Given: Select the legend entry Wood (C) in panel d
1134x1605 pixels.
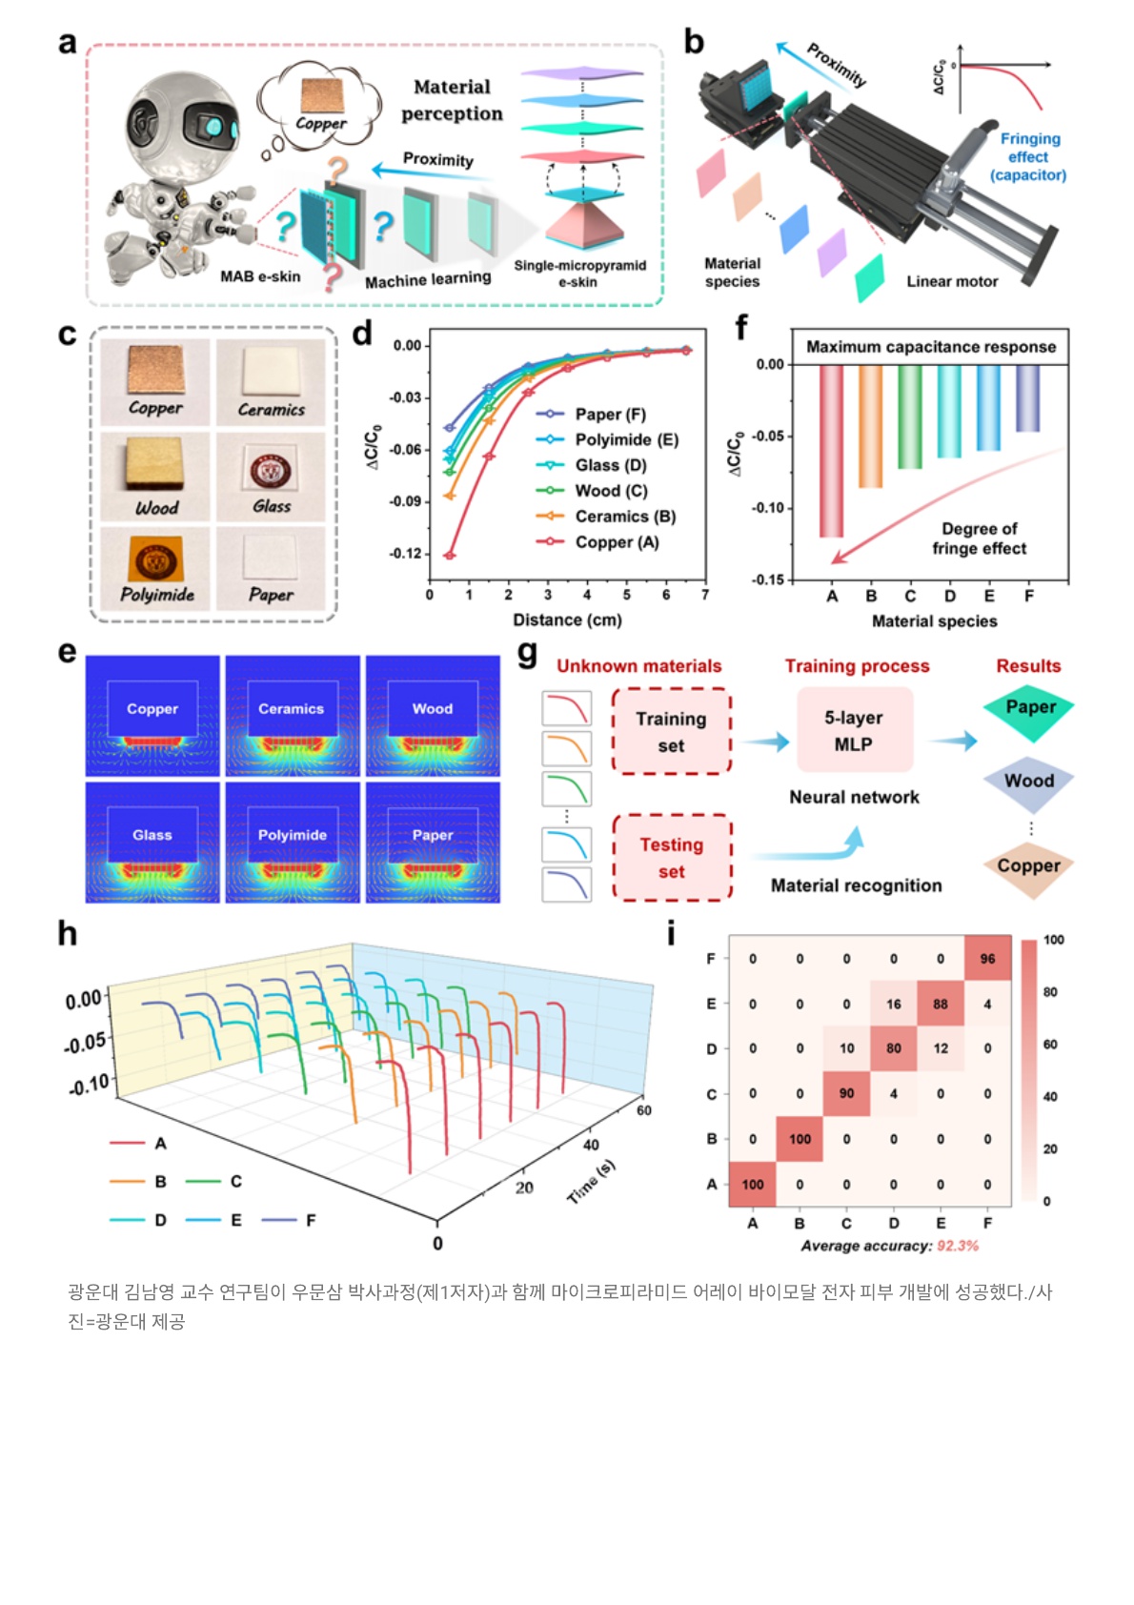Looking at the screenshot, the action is [x=593, y=491].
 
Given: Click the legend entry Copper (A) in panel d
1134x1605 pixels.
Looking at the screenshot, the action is [x=597, y=542].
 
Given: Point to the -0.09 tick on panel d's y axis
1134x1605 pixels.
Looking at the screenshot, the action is [x=406, y=501].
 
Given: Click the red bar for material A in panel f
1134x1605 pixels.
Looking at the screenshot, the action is [x=832, y=451].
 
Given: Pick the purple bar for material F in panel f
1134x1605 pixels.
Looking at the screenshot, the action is [x=1028, y=398].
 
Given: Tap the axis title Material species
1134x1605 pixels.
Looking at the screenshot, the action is [x=934, y=621].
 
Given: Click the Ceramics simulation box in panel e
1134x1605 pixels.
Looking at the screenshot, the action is [x=293, y=715].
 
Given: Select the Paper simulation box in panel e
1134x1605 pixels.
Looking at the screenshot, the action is [x=433, y=842].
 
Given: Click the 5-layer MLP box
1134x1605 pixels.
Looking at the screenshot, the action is [x=854, y=730].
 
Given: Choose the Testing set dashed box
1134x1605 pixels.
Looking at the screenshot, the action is [x=672, y=858].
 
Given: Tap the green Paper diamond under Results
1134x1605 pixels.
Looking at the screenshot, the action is [x=1029, y=709].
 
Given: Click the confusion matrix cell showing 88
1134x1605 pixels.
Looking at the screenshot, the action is [x=941, y=1004].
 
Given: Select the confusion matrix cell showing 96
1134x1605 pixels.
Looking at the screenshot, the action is [x=988, y=959].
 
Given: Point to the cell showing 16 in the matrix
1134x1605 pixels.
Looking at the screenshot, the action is [x=893, y=1004].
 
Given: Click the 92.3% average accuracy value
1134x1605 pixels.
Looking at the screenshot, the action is [x=957, y=1246].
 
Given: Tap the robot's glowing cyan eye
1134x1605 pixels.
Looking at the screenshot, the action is [x=213, y=127].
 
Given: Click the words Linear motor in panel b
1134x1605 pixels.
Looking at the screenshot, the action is [x=952, y=281].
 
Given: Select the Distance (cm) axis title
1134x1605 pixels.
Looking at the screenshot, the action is [x=567, y=620].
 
